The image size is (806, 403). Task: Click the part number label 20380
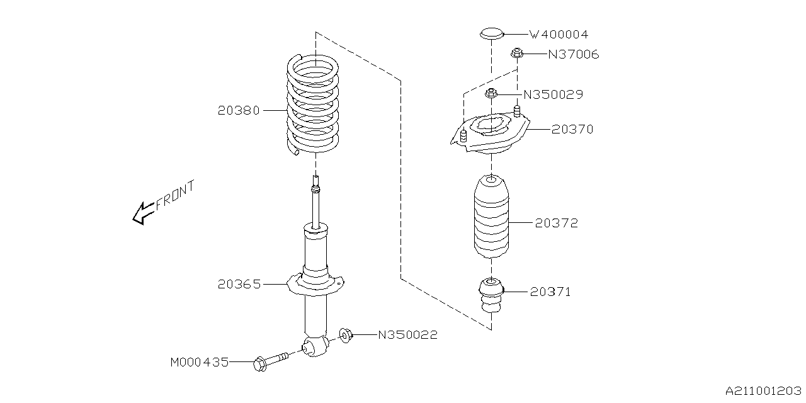click(x=238, y=110)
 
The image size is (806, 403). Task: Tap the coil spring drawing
click(x=313, y=105)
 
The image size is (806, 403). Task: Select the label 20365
click(x=239, y=284)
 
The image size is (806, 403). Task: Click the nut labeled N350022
click(x=346, y=335)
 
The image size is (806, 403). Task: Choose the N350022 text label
click(x=407, y=335)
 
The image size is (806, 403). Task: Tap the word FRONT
click(x=175, y=194)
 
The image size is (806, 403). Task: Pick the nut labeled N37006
click(x=516, y=54)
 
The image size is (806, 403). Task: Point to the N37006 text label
click(x=573, y=55)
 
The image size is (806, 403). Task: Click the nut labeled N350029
click(x=491, y=94)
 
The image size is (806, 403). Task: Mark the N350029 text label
click(x=553, y=95)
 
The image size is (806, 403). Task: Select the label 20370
click(x=572, y=129)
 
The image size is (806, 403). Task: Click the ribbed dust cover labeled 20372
click(x=491, y=217)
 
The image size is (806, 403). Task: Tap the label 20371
click(x=550, y=292)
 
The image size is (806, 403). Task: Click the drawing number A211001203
click(x=764, y=391)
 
